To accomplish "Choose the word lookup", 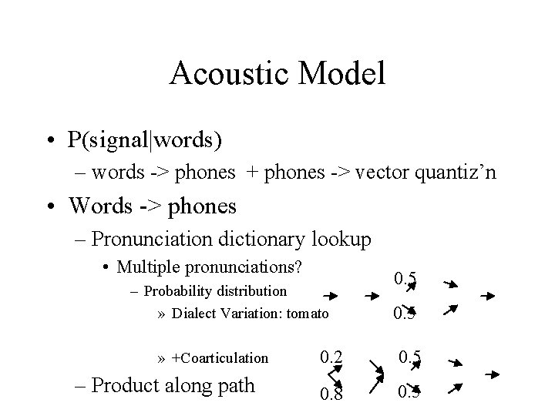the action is click(341, 239).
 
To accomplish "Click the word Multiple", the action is click(145, 267).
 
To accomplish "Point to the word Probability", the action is click(177, 291).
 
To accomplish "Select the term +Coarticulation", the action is click(220, 357).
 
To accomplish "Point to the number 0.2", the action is click(332, 356).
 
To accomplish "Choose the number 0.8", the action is click(332, 394).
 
